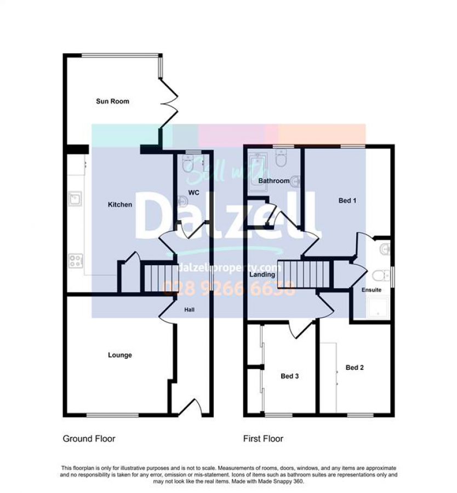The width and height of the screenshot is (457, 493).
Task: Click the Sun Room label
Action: coord(112,101)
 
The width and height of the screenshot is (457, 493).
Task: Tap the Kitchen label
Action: coord(120,205)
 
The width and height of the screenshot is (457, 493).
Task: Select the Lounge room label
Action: coord(120,355)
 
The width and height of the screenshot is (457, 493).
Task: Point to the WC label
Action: coord(194,192)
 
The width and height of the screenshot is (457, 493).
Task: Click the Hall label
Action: coord(190,309)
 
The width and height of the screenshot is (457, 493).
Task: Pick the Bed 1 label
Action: coord(347,200)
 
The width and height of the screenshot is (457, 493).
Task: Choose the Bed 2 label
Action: coord(355,368)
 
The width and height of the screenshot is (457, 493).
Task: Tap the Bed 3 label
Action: coord(290,376)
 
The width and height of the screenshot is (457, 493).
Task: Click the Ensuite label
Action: coord(372,290)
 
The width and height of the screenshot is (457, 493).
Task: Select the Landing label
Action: coord(262,274)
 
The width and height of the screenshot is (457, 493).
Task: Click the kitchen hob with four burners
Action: coord(76,261)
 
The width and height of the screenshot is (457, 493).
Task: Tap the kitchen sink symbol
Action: coord(75,199)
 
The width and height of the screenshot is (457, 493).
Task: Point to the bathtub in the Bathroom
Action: coord(258,172)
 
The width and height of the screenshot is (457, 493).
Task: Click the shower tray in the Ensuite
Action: coord(378,307)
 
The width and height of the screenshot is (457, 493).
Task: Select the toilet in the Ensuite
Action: coord(381,276)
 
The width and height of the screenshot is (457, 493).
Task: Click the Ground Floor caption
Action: coord(89,439)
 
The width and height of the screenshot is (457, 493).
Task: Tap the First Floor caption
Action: coord(263,439)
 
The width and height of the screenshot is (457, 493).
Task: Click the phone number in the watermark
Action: coord(229,288)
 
